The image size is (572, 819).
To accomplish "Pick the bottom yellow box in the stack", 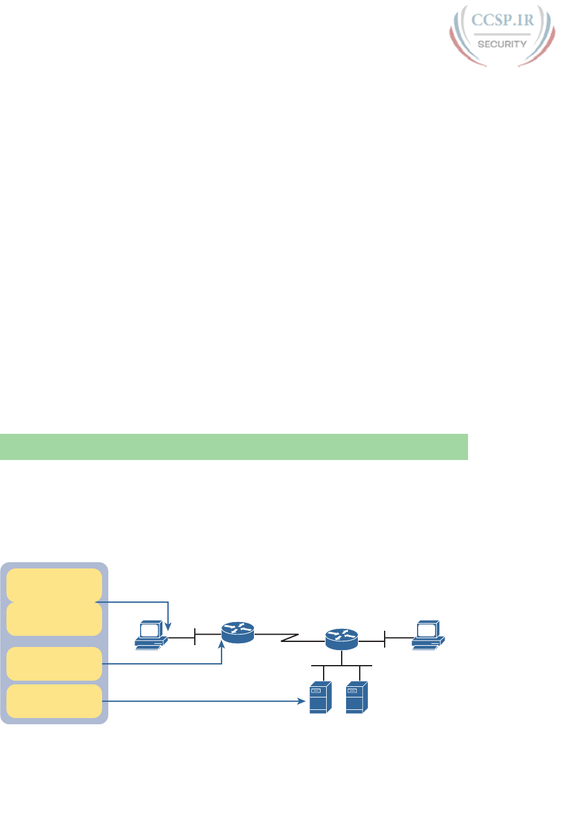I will click(x=54, y=701).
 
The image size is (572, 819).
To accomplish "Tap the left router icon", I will click(x=238, y=633).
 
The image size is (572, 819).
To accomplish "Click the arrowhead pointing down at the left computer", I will click(x=169, y=625).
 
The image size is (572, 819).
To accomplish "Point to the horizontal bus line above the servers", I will click(x=342, y=666).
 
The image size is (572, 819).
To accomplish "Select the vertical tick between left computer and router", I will click(x=195, y=638).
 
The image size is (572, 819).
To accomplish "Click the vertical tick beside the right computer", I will click(x=385, y=639).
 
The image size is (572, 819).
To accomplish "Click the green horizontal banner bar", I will click(x=233, y=447).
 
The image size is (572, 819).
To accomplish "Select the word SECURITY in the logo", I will click(x=502, y=44).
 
